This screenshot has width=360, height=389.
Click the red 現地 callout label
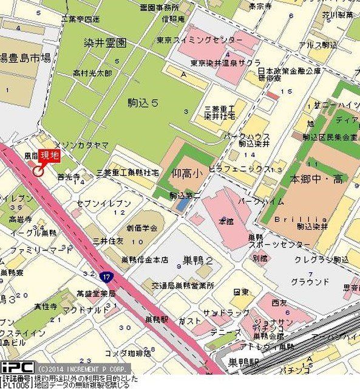click(x=50, y=156)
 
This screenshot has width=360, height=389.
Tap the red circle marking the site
click(x=38, y=171)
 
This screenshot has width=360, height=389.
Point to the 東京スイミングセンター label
click(x=208, y=40)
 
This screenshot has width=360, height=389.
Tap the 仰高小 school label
click(x=185, y=173)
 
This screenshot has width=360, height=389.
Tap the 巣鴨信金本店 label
click(x=144, y=260)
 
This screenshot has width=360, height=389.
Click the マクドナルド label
click(x=78, y=310)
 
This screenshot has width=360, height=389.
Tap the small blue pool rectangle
click(x=182, y=205)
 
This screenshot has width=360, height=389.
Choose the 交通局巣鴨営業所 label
click(x=183, y=285)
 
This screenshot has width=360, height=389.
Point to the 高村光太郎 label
click(x=92, y=73)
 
